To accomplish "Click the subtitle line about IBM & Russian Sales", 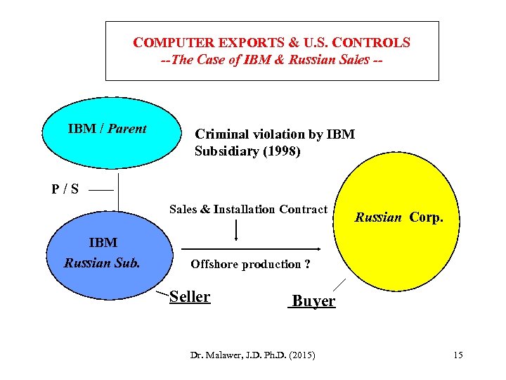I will (x=272, y=60).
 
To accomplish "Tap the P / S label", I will (x=65, y=189).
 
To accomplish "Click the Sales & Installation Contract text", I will (x=248, y=209).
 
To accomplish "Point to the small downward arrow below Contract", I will (x=235, y=229).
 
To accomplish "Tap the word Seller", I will (x=190, y=296).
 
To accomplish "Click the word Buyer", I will (x=313, y=301).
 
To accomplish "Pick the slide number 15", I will (x=458, y=355).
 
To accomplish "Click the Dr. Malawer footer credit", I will (x=252, y=355).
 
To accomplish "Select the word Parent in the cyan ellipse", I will (x=128, y=129).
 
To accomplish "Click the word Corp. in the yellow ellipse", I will (x=426, y=217).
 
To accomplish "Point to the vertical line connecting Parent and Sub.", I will (x=118, y=191).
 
